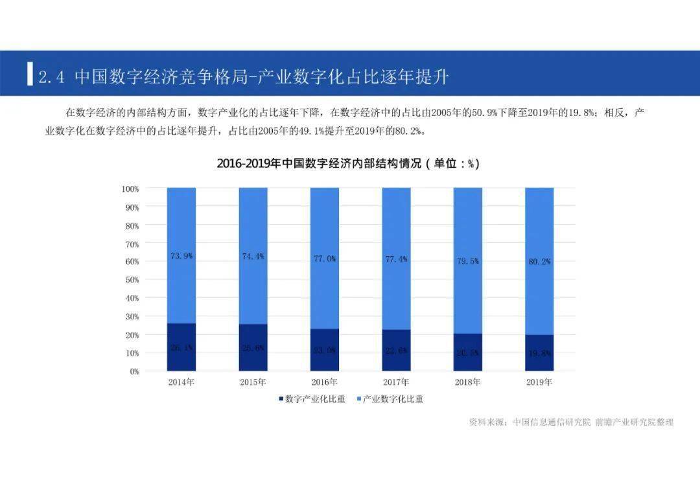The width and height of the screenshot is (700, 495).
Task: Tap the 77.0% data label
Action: click(x=325, y=259)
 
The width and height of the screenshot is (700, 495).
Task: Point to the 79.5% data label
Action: click(x=467, y=261)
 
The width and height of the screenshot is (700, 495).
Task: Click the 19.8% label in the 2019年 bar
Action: click(x=539, y=353)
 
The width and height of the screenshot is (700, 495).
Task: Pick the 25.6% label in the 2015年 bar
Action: click(x=253, y=348)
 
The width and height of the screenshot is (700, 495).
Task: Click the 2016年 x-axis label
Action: click(x=325, y=382)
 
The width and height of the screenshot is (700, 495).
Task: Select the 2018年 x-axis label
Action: click(x=467, y=382)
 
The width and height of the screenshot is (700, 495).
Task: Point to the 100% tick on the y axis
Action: click(x=130, y=189)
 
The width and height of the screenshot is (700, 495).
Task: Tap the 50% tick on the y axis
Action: click(x=132, y=280)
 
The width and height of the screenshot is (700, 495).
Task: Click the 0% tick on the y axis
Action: click(x=134, y=371)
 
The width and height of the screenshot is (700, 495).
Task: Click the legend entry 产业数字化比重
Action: click(x=389, y=399)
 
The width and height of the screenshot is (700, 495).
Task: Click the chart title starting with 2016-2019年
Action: click(x=348, y=163)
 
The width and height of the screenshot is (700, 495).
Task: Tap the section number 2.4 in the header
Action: click(x=52, y=78)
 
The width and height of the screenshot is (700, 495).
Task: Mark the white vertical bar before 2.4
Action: click(x=30, y=74)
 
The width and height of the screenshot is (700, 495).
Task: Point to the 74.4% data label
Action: click(x=253, y=257)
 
